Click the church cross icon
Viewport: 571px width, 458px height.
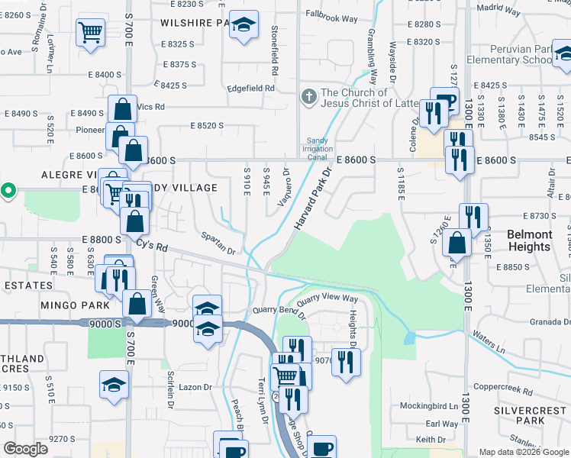[309, 97]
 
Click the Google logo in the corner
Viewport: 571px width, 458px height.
[25, 449]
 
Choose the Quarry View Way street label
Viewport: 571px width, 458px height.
[327, 298]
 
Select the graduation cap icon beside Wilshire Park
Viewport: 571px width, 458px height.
[244, 26]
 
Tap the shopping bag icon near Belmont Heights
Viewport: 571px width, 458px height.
[456, 243]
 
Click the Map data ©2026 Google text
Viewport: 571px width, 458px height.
[523, 452]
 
